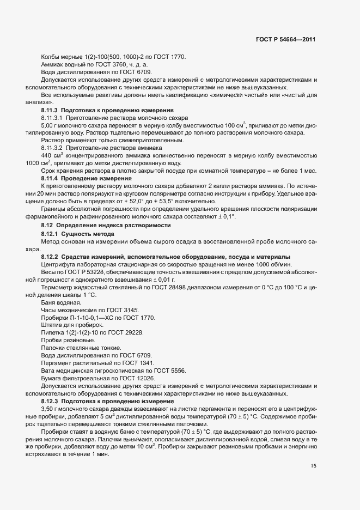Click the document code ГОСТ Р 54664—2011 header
pyautogui.click(x=285, y=40)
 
